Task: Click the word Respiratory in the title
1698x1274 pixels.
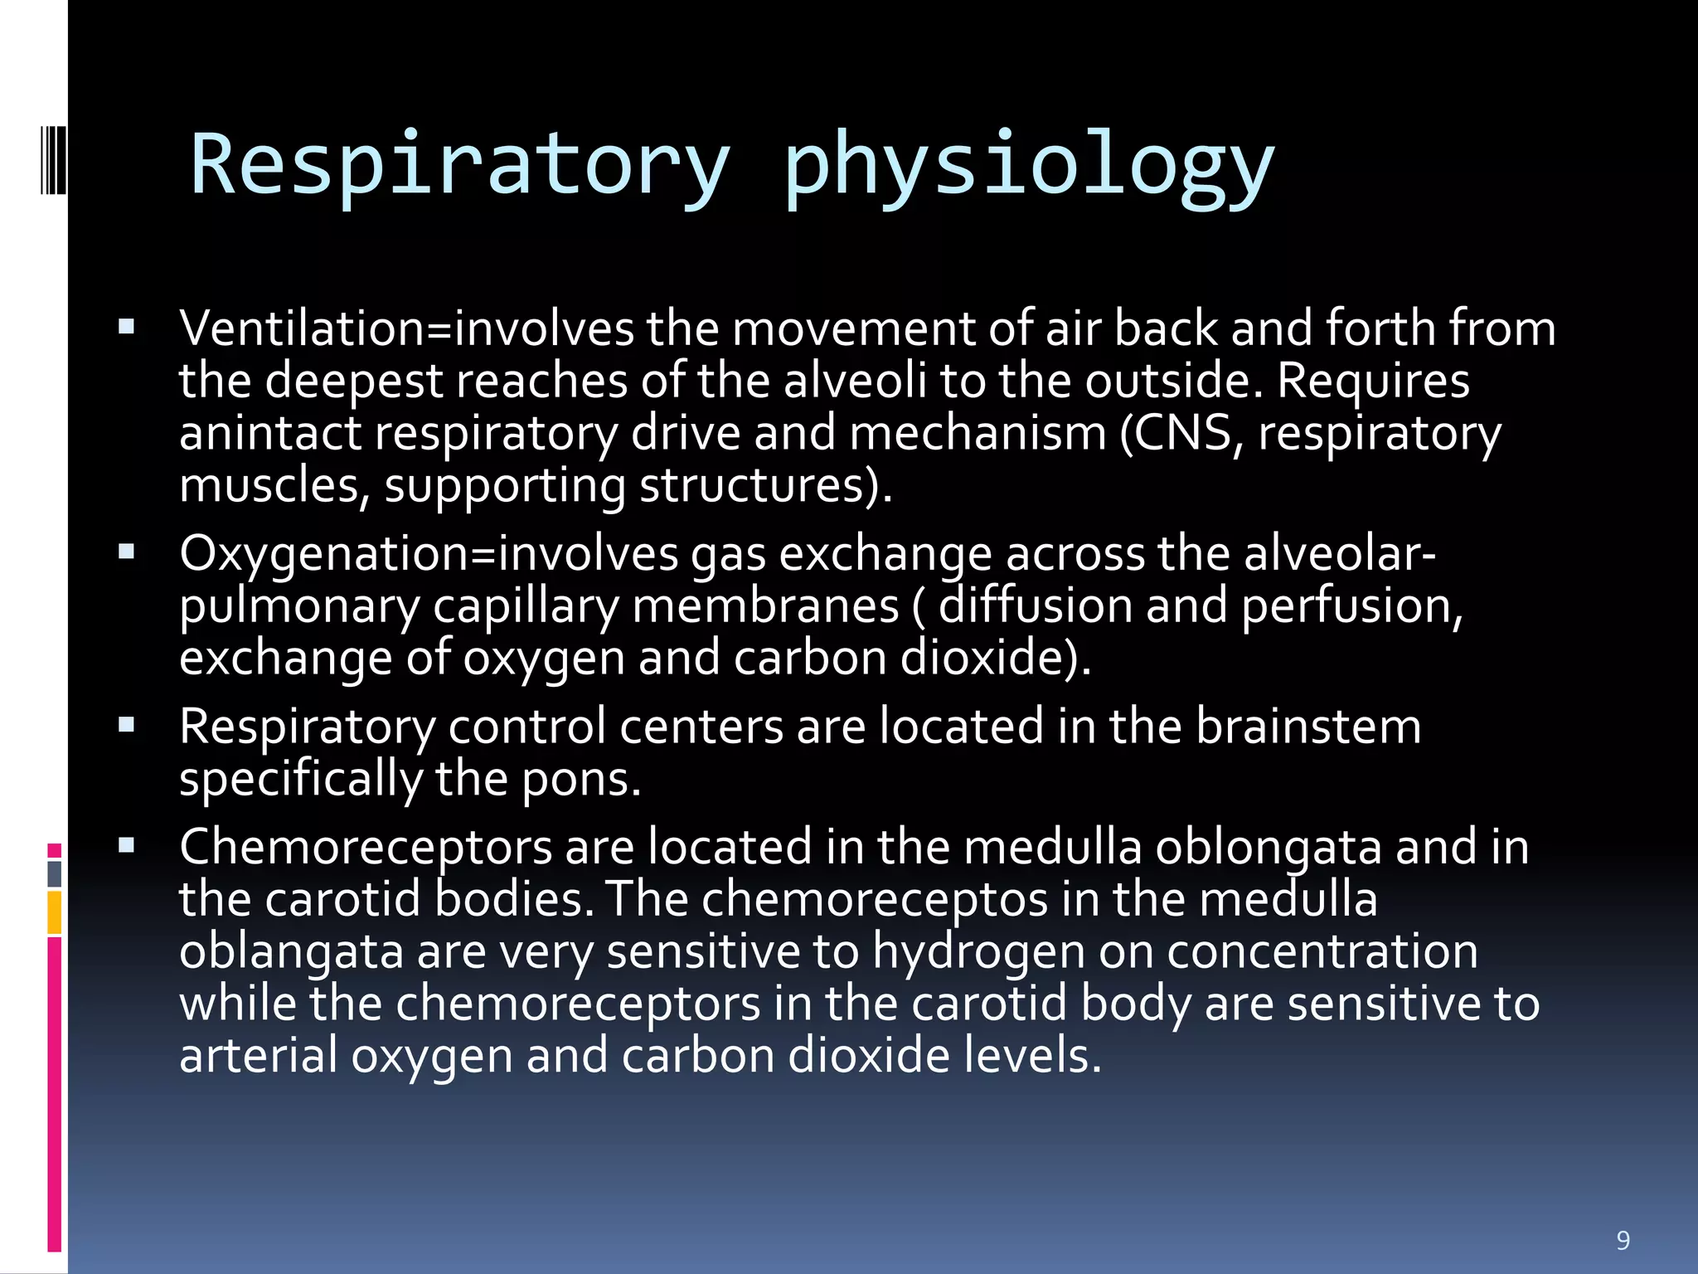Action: click(x=460, y=164)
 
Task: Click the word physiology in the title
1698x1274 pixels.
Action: click(x=1028, y=164)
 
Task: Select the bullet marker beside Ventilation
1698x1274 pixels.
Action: click(x=127, y=327)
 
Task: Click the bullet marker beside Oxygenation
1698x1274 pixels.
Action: click(x=127, y=552)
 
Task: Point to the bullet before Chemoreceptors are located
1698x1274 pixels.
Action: click(x=127, y=845)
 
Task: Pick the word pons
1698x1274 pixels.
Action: click(x=580, y=780)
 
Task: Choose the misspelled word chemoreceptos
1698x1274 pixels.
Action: click(x=875, y=900)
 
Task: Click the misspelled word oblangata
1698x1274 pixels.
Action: click(x=291, y=951)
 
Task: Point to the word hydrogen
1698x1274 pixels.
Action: click(x=978, y=951)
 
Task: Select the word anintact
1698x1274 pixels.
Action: click(x=270, y=434)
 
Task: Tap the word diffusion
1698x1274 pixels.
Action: click(x=1035, y=605)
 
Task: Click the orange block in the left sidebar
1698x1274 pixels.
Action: click(x=55, y=912)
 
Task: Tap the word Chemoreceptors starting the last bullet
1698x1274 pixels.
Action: click(x=366, y=848)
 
